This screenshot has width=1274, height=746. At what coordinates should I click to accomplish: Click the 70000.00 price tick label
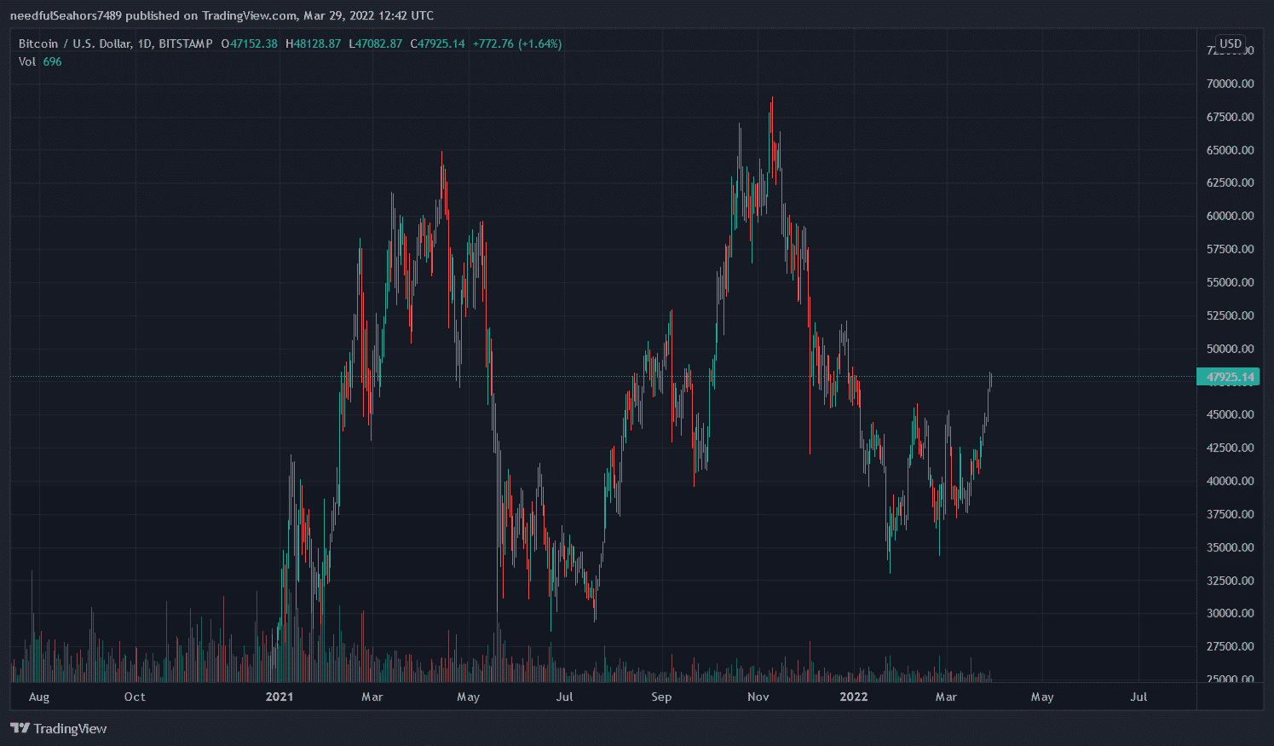[1230, 84]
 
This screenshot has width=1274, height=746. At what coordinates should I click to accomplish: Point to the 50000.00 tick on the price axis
[1230, 349]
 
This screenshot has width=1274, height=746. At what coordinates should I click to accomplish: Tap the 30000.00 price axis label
[1230, 613]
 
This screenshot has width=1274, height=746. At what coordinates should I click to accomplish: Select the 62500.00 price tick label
[1230, 182]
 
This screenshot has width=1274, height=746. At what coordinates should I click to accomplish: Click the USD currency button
[1230, 43]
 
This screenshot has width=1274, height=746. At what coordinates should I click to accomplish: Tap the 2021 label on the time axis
[279, 697]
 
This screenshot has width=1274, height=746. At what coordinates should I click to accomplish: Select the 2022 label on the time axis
[853, 697]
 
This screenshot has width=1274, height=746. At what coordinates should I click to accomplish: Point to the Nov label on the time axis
[758, 697]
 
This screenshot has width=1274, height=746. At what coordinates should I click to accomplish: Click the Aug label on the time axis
[39, 697]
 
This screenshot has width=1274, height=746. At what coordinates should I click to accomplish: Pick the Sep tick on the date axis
[661, 697]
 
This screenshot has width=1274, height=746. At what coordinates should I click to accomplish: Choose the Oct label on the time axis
[135, 697]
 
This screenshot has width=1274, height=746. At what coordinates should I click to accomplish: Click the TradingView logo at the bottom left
[59, 728]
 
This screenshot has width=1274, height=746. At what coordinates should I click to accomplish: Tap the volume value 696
[52, 61]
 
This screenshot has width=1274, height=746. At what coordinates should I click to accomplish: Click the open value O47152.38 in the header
[249, 43]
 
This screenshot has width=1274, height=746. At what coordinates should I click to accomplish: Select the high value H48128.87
[313, 43]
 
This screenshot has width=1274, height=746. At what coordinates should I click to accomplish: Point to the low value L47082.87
[375, 43]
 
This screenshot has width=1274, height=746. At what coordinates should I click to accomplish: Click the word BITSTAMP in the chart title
[185, 43]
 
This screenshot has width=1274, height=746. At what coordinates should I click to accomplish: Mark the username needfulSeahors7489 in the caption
[66, 15]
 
